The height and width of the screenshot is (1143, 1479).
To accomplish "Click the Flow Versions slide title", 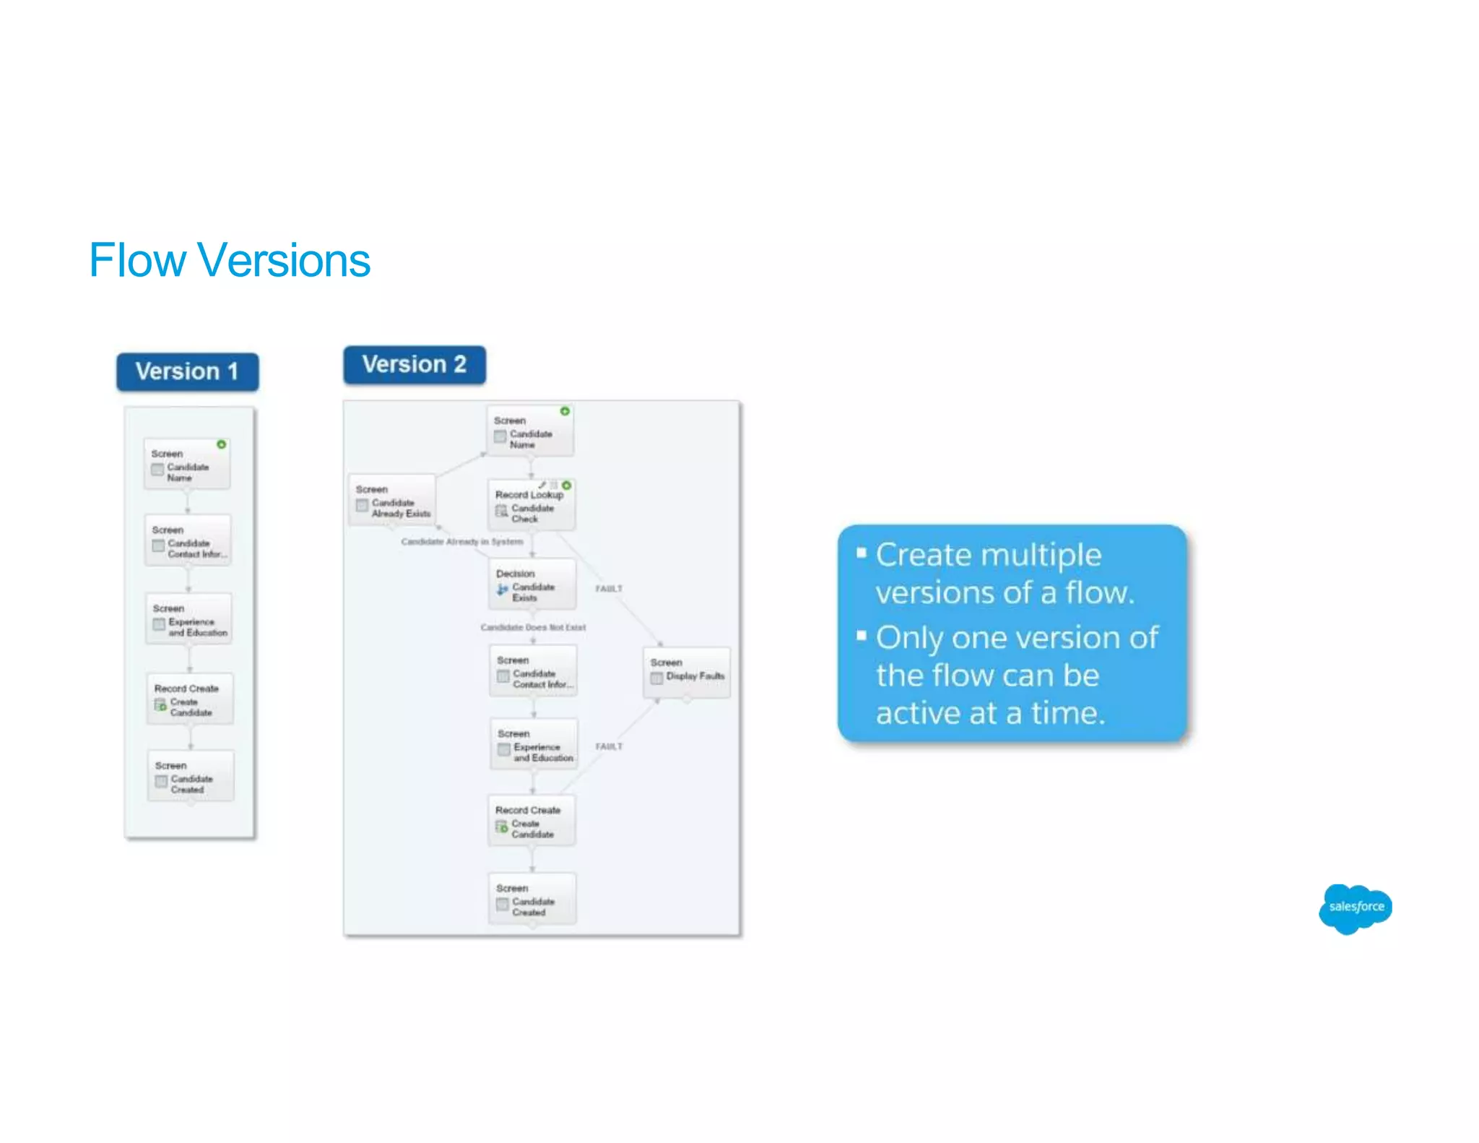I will (230, 260).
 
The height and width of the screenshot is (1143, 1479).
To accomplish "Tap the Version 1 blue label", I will (187, 371).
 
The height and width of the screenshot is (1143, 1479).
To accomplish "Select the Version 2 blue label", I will (414, 364).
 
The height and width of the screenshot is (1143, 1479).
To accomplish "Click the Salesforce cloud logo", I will (1356, 907).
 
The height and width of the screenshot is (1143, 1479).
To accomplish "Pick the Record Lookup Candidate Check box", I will (532, 506).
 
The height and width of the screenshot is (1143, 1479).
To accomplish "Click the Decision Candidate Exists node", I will (532, 585).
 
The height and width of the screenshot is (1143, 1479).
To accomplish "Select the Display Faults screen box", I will (686, 672).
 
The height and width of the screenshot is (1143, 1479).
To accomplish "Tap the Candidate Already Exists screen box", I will (392, 501).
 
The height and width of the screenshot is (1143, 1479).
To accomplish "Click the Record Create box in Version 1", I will (190, 699).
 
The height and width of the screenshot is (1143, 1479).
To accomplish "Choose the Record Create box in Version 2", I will (532, 821).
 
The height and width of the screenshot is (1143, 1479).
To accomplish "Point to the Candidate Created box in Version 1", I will (191, 777).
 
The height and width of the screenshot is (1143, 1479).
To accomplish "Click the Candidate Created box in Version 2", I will (532, 900).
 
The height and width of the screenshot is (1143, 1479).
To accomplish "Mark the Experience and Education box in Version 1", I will (189, 620).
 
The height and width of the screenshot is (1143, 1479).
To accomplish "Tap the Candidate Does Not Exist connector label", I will (533, 627).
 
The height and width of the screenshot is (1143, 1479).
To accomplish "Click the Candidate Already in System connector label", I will (462, 541).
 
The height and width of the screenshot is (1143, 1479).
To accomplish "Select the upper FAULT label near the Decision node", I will (608, 589).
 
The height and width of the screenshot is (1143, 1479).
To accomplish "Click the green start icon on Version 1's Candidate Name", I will (222, 444).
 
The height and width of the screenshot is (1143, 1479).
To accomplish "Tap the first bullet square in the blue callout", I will (861, 553).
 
